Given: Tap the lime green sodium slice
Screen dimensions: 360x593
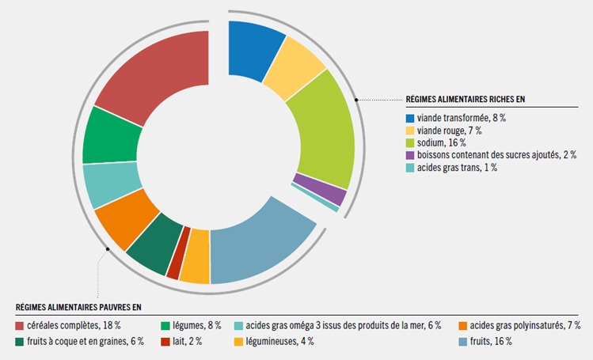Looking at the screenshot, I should [x=321, y=135].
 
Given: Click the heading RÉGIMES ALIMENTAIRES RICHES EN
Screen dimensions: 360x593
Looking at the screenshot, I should [x=466, y=100].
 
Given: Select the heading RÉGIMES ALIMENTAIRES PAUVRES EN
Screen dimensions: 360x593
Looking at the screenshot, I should [x=78, y=307].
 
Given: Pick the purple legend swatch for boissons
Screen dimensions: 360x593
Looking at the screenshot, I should [x=409, y=155].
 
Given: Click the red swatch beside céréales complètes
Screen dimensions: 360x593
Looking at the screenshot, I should [x=19, y=326].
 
